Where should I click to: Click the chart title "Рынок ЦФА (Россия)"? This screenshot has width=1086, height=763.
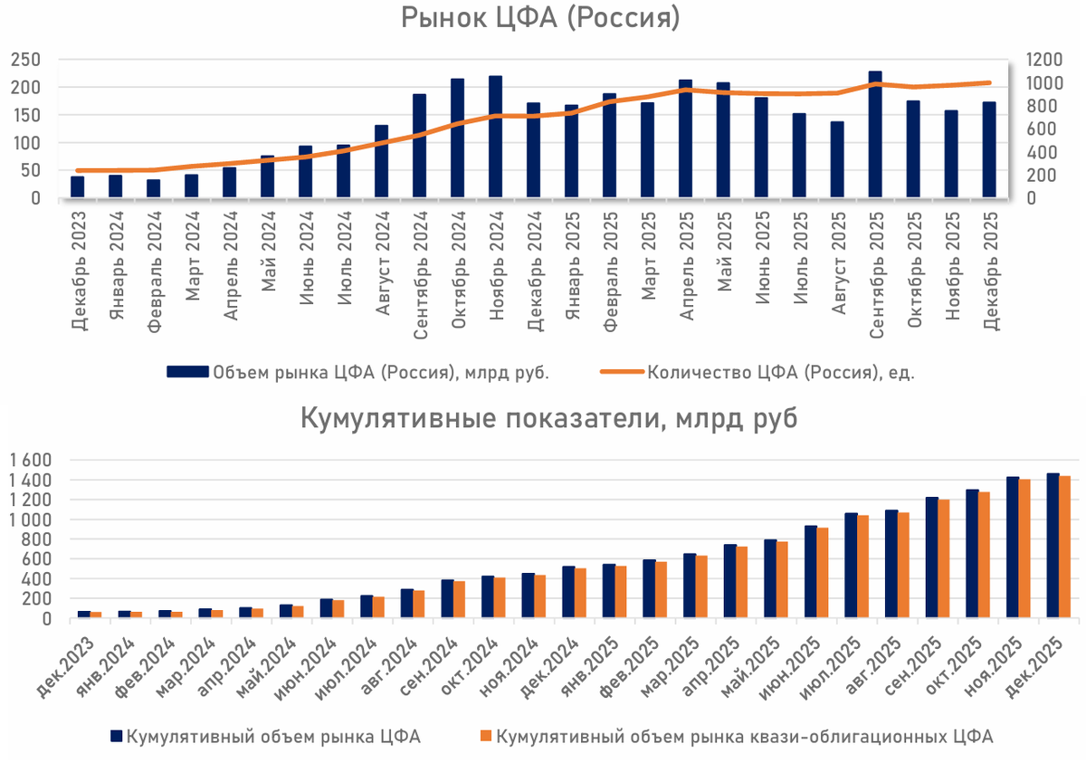tap(540, 20)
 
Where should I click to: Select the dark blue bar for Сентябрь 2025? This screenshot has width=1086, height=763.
tap(875, 134)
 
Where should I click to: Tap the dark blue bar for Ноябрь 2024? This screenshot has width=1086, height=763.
tap(496, 136)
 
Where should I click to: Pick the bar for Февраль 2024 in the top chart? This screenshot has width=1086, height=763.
tap(154, 187)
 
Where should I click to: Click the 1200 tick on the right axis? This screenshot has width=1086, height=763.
tap(1042, 60)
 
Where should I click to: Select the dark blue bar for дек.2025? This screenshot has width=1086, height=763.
tap(1053, 546)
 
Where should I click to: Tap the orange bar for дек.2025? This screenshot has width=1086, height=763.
tap(1065, 548)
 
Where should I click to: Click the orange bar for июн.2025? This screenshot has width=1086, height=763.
tap(823, 573)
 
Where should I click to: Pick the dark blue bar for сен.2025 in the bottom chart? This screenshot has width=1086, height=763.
tap(932, 558)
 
